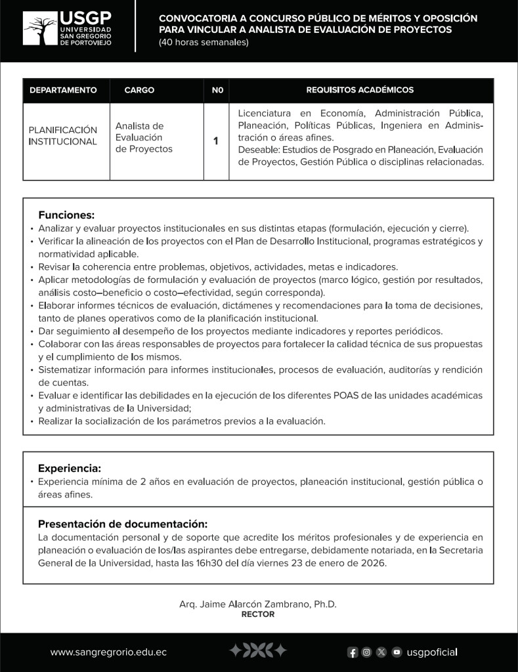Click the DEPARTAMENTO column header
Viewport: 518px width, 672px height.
pos(63,90)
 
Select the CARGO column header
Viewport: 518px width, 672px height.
pos(139,90)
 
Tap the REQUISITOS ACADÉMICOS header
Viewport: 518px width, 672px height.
pos(360,90)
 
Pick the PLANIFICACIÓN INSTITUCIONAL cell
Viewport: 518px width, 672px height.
pos(63,136)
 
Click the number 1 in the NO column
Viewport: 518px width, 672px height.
pos(216,140)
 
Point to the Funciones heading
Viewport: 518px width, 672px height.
pos(66,215)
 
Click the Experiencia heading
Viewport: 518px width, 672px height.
pos(70,468)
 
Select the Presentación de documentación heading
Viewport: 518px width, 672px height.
pos(122,524)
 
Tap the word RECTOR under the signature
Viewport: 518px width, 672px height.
pos(258,614)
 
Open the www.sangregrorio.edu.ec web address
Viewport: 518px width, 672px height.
pos(108,652)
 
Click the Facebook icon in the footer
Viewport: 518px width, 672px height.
pos(353,652)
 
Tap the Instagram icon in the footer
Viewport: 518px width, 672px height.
pos(367,652)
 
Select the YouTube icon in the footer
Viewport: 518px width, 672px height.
pos(397,652)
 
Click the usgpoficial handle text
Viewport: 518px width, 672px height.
pos(432,652)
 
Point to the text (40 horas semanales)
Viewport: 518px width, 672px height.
pos(204,43)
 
